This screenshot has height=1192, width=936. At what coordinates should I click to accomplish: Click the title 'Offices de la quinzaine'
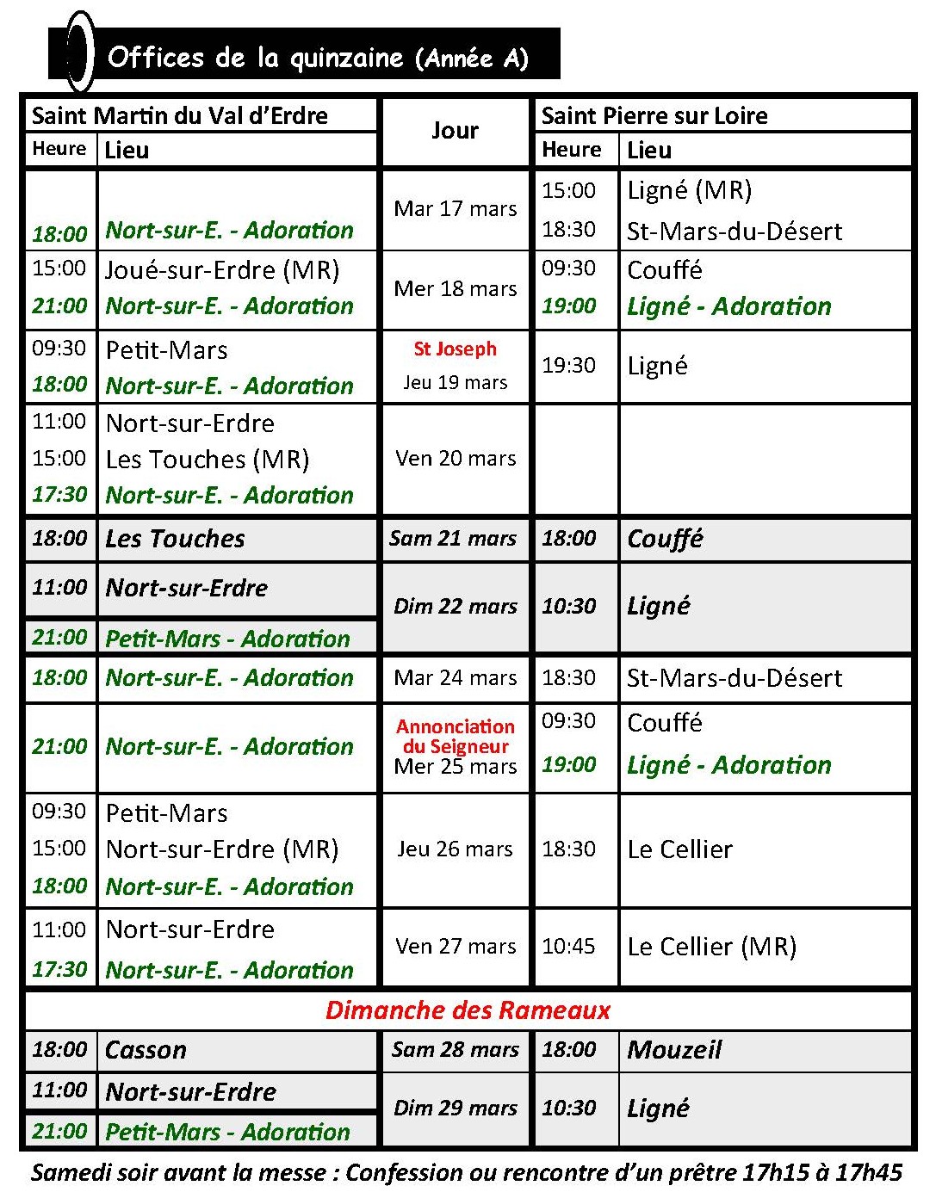(255, 58)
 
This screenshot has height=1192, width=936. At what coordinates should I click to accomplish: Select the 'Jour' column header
(455, 130)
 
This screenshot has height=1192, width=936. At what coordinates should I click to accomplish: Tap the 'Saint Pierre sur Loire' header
(654, 115)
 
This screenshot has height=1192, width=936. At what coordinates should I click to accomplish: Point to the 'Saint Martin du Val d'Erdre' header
(180, 115)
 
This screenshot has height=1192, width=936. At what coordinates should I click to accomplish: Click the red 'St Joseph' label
(455, 349)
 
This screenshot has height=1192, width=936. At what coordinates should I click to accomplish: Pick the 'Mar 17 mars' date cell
(455, 209)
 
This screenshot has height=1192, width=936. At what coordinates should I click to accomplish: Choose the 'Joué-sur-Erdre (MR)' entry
(222, 269)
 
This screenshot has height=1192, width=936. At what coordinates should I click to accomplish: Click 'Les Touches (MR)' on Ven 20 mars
(207, 459)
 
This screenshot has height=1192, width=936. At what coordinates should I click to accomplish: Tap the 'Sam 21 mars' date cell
(453, 539)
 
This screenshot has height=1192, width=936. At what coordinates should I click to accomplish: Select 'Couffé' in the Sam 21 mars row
(665, 539)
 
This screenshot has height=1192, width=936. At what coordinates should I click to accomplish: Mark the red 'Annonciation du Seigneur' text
(455, 736)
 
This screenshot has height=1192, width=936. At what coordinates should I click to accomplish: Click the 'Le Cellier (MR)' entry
(711, 946)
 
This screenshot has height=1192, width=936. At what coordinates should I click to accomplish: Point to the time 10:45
(568, 946)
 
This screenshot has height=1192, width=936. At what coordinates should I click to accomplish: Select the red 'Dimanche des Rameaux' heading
(468, 1010)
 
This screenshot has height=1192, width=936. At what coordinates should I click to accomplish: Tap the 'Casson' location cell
(146, 1050)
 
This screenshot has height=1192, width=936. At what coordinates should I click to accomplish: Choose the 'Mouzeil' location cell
(674, 1049)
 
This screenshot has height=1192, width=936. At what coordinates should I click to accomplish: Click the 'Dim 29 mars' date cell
(455, 1108)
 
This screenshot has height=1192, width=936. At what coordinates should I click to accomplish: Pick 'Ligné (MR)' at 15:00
(689, 190)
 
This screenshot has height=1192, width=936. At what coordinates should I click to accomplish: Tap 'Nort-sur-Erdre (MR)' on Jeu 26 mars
(221, 849)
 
